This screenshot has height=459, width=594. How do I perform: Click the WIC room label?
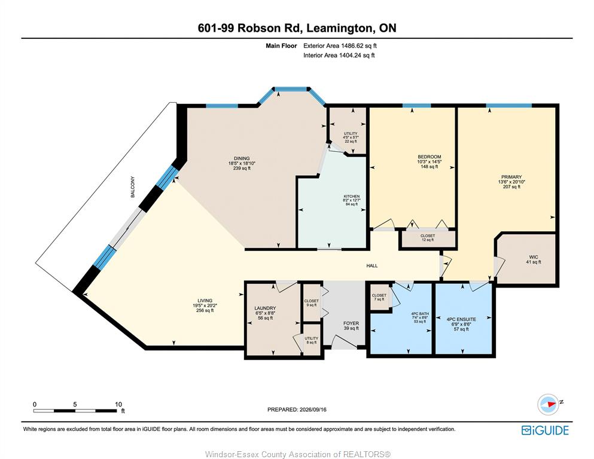click(x=534, y=257)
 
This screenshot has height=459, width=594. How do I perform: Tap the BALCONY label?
click(x=133, y=187)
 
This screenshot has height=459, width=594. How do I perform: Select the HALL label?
click(x=372, y=265)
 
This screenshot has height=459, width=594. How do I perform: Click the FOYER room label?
click(x=351, y=323)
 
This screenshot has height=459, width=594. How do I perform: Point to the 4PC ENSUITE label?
click(x=461, y=319)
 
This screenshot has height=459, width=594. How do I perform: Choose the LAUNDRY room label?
click(x=265, y=308)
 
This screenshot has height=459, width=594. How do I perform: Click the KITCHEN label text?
click(x=352, y=197)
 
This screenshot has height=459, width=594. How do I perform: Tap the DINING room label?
click(x=242, y=158)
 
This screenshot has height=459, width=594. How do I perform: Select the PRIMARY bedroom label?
click(x=511, y=177)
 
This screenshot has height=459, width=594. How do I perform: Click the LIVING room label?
click(x=205, y=301)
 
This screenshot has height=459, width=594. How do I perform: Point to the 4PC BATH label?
click(x=420, y=314)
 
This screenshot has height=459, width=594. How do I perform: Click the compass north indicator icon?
click(x=549, y=404)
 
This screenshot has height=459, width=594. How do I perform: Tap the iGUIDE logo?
click(x=545, y=430)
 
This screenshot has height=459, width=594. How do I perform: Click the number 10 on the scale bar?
click(x=118, y=404)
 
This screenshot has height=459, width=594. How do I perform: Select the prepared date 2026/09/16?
click(x=313, y=409)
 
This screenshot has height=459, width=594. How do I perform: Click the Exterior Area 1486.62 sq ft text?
click(x=340, y=46)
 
